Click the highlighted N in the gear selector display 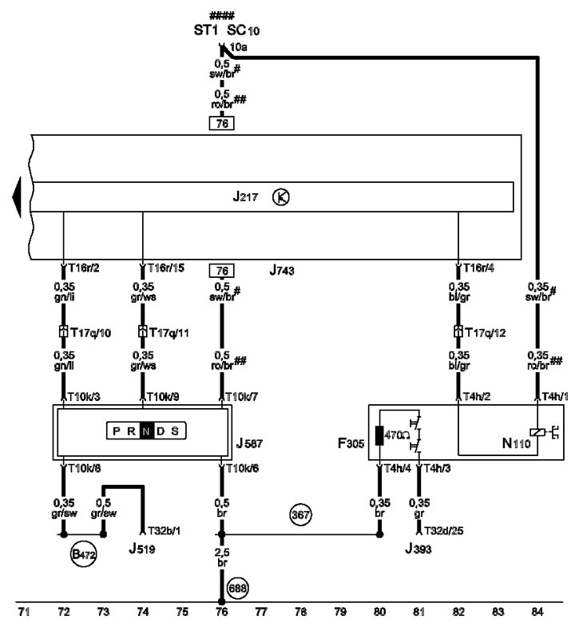coord(146,431)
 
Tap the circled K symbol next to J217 coord(281,197)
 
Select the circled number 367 coord(300,514)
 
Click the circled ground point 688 coord(237,589)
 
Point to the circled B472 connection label coord(83,554)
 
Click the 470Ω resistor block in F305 coord(379,435)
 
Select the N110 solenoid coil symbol coord(537,432)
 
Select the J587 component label coord(249,443)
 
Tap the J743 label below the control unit coord(282,270)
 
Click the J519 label coord(142,549)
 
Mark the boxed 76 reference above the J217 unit coord(222,123)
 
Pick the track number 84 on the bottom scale coord(537,612)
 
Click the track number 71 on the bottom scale coord(24,612)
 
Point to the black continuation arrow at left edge coord(17,197)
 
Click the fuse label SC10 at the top coord(244,30)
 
